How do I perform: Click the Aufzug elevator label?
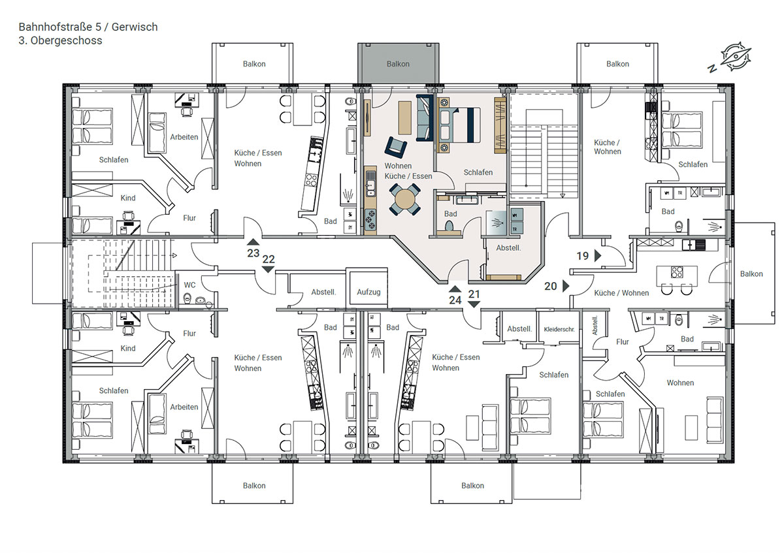[x=368, y=292]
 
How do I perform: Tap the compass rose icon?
[x=736, y=57]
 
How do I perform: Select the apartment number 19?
[x=583, y=256]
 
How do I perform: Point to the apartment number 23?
[x=253, y=253]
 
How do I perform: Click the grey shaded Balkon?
[x=399, y=63]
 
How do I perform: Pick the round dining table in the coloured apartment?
[x=405, y=200]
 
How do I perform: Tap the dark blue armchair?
[x=395, y=148]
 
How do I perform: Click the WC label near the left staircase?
[x=189, y=285]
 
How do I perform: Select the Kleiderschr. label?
[x=559, y=330]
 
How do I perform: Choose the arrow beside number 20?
[x=566, y=286]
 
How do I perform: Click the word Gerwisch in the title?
[x=135, y=27]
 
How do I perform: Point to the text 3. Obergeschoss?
[x=60, y=40]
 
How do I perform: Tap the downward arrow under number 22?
[x=268, y=270]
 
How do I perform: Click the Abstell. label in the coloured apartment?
[x=508, y=248]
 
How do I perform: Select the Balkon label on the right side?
[x=751, y=274]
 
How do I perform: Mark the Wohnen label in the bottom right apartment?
[x=680, y=383]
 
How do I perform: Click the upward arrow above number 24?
[x=455, y=289]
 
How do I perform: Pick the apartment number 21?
[x=474, y=294]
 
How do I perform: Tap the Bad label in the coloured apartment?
[x=450, y=213]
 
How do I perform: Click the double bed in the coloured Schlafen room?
[x=459, y=125]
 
